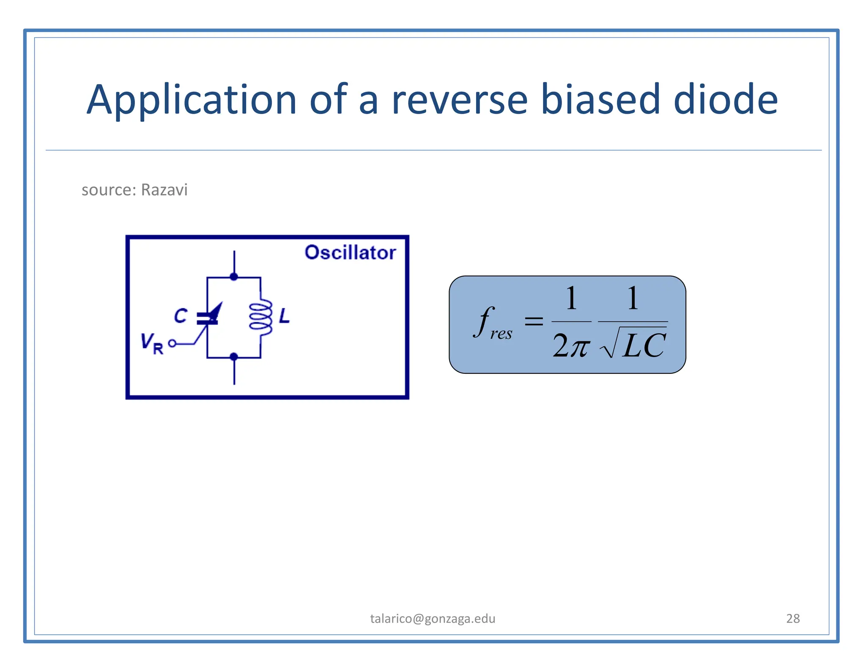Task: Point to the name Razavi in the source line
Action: [x=164, y=190]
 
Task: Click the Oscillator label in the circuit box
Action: [x=350, y=252]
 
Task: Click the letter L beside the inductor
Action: [x=285, y=316]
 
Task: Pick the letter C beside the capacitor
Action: [x=181, y=316]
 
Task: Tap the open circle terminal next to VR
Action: [x=172, y=343]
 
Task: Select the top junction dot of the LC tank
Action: [x=234, y=277]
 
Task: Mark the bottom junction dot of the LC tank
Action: [x=234, y=357]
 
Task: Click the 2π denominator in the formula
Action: [x=571, y=345]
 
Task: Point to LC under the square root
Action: [x=644, y=345]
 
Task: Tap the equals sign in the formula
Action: [x=534, y=321]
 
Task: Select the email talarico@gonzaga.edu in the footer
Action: [x=433, y=618]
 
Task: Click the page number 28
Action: [x=793, y=618]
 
